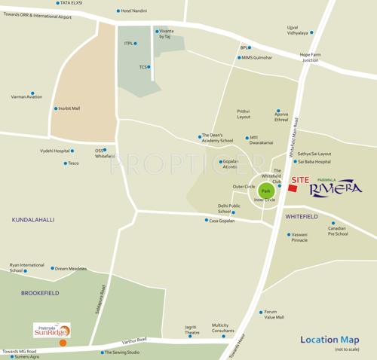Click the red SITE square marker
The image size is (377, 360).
point(292,188)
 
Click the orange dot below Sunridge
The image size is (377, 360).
point(63,343)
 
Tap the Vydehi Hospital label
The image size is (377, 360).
point(55,151)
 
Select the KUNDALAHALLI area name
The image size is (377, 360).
point(34,219)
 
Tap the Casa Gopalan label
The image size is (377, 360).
point(222,221)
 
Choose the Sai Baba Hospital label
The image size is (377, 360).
point(314,162)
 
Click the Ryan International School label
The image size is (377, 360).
point(26,267)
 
